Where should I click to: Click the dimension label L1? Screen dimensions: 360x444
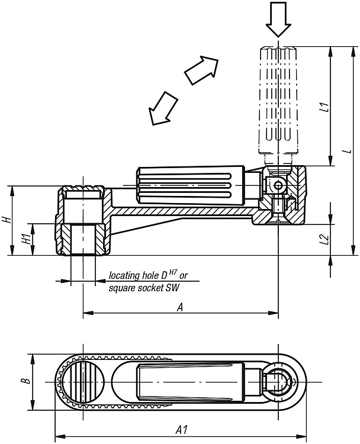[x=326, y=107]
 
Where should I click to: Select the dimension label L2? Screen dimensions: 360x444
[x=326, y=239]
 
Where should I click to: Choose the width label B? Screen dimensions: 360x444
[x=26, y=380]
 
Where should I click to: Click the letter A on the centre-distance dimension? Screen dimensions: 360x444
[x=180, y=307]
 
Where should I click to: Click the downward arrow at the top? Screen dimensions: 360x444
[x=278, y=20]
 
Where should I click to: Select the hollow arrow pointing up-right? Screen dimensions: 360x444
[x=202, y=70]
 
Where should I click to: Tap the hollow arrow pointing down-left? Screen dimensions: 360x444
[x=163, y=108]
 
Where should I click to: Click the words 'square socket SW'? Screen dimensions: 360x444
[x=144, y=288]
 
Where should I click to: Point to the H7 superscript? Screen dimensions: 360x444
[x=173, y=272]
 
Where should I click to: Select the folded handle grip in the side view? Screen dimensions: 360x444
[x=192, y=186]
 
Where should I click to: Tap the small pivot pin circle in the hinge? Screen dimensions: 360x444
[x=279, y=186]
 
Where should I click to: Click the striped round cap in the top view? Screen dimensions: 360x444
[x=83, y=382]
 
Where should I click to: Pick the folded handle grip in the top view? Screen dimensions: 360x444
[x=191, y=382]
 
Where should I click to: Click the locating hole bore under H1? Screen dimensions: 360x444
[x=83, y=239]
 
